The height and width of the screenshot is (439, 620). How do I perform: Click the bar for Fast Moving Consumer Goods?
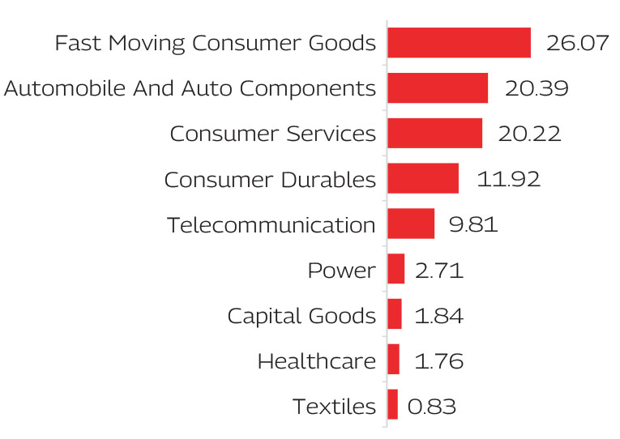[459, 43]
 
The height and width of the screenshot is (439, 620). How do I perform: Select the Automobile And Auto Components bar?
[438, 88]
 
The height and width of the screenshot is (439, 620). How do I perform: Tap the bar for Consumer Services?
[434, 134]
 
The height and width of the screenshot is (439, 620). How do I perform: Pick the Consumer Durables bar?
[423, 178]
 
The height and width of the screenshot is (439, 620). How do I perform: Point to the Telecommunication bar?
[411, 224]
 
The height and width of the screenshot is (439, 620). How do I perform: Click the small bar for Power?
[396, 269]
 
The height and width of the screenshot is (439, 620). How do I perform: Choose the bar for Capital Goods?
[395, 314]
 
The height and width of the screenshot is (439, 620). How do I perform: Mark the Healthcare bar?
[394, 360]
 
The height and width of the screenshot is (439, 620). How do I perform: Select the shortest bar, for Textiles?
[393, 404]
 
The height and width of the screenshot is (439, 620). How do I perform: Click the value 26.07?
[577, 43]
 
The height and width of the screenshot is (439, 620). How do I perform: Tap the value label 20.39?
[536, 88]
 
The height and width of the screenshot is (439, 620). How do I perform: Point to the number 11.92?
[508, 179]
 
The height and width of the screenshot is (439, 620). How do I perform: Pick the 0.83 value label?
[432, 406]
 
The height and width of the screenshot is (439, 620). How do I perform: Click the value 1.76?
[438, 360]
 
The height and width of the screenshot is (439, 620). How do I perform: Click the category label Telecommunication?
[272, 224]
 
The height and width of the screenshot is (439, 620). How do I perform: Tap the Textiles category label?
[334, 406]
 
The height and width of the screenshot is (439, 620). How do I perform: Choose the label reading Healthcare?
[317, 360]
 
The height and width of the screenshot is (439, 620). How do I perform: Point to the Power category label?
[341, 270]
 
